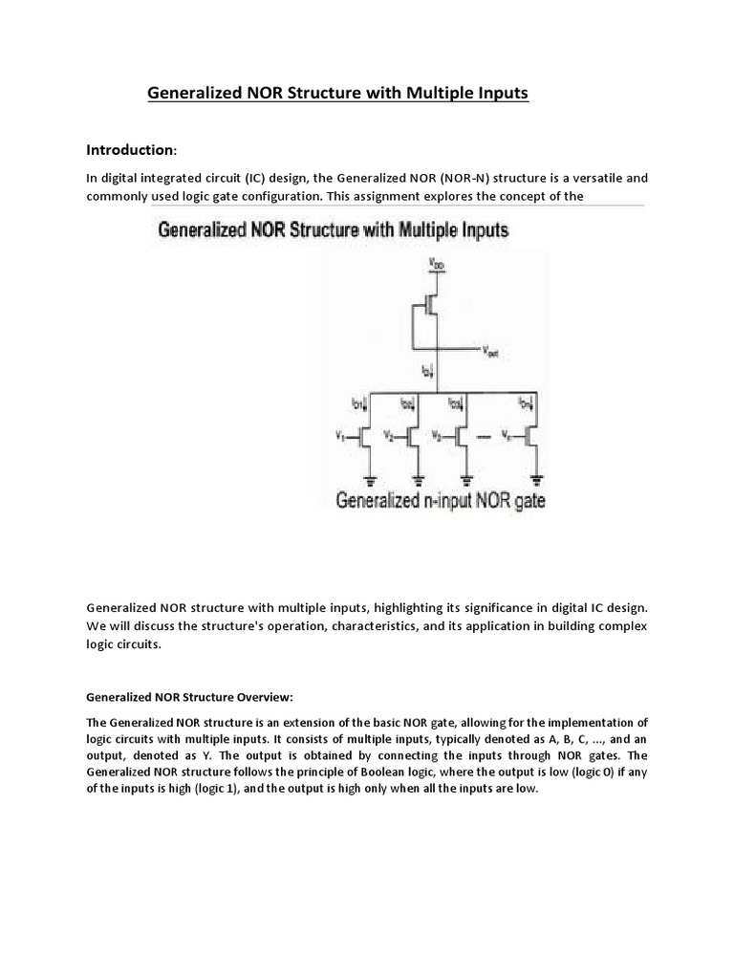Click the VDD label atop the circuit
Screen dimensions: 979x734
(x=437, y=262)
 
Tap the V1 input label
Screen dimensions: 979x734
(x=343, y=436)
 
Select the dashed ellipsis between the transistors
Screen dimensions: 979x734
(x=488, y=438)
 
